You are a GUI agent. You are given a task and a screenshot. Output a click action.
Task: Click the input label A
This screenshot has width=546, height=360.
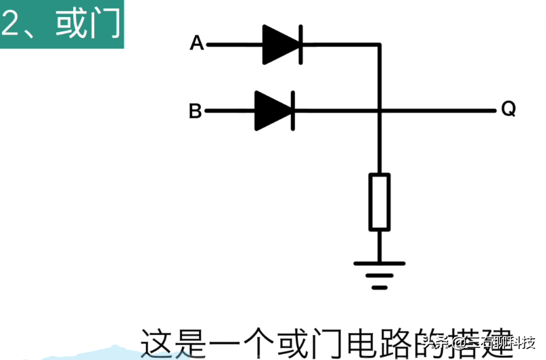click(197, 44)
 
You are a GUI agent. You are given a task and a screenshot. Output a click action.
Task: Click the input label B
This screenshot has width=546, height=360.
click(195, 111)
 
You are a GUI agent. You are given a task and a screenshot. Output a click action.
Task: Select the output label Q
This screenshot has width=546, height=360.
click(509, 109)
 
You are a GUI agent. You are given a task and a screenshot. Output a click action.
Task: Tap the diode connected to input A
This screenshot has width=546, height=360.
click(282, 45)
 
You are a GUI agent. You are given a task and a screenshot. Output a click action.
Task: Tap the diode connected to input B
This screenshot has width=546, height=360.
click(274, 110)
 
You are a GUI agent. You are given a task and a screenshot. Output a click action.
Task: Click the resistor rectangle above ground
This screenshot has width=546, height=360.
click(380, 202)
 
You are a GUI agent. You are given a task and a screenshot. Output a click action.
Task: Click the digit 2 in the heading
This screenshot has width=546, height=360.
click(12, 24)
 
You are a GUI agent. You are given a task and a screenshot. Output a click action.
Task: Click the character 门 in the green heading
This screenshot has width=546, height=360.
click(106, 24)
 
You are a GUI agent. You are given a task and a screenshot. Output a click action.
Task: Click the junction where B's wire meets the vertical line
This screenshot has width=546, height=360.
click(380, 110)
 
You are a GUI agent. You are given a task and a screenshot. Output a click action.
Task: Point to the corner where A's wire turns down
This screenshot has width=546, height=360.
click(380, 45)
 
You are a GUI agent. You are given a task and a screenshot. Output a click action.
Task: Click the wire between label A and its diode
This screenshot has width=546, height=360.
click(234, 45)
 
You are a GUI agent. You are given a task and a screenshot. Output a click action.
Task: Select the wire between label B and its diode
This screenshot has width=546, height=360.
click(229, 110)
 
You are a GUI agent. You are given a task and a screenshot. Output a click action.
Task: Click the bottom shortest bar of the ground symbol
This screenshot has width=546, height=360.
click(380, 287)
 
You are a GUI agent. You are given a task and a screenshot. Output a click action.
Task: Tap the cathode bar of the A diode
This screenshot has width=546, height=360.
click(300, 45)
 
